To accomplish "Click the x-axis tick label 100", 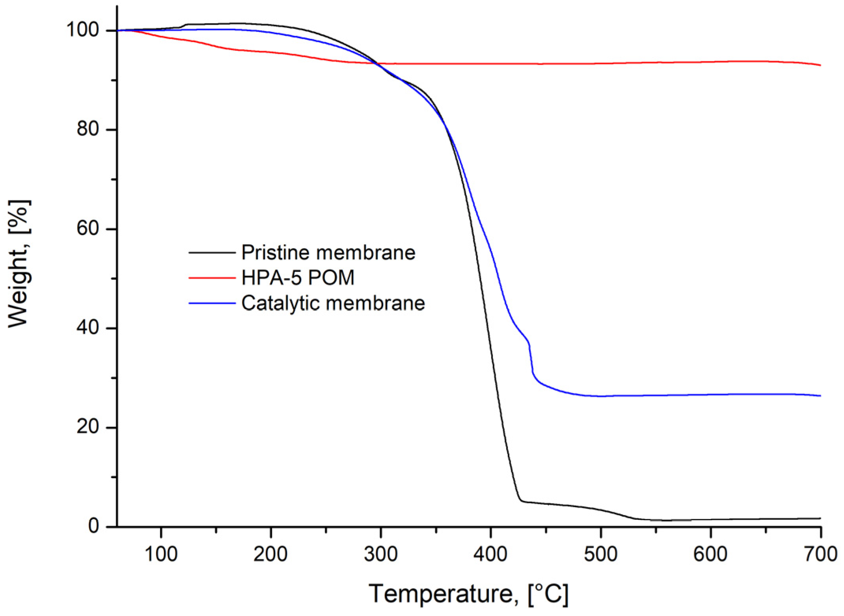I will [161, 554].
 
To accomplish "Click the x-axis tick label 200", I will [270, 554].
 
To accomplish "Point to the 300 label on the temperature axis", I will [380, 554].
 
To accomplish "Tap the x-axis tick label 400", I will [490, 554].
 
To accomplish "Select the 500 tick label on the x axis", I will [600, 554].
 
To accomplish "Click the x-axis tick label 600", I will [710, 554].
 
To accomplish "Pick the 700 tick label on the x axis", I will [820, 554].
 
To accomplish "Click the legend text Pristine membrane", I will [328, 253].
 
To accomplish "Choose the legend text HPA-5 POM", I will [298, 278].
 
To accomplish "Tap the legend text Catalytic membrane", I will [333, 303].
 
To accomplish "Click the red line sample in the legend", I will [212, 278].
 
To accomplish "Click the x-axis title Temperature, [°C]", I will [468, 594].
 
